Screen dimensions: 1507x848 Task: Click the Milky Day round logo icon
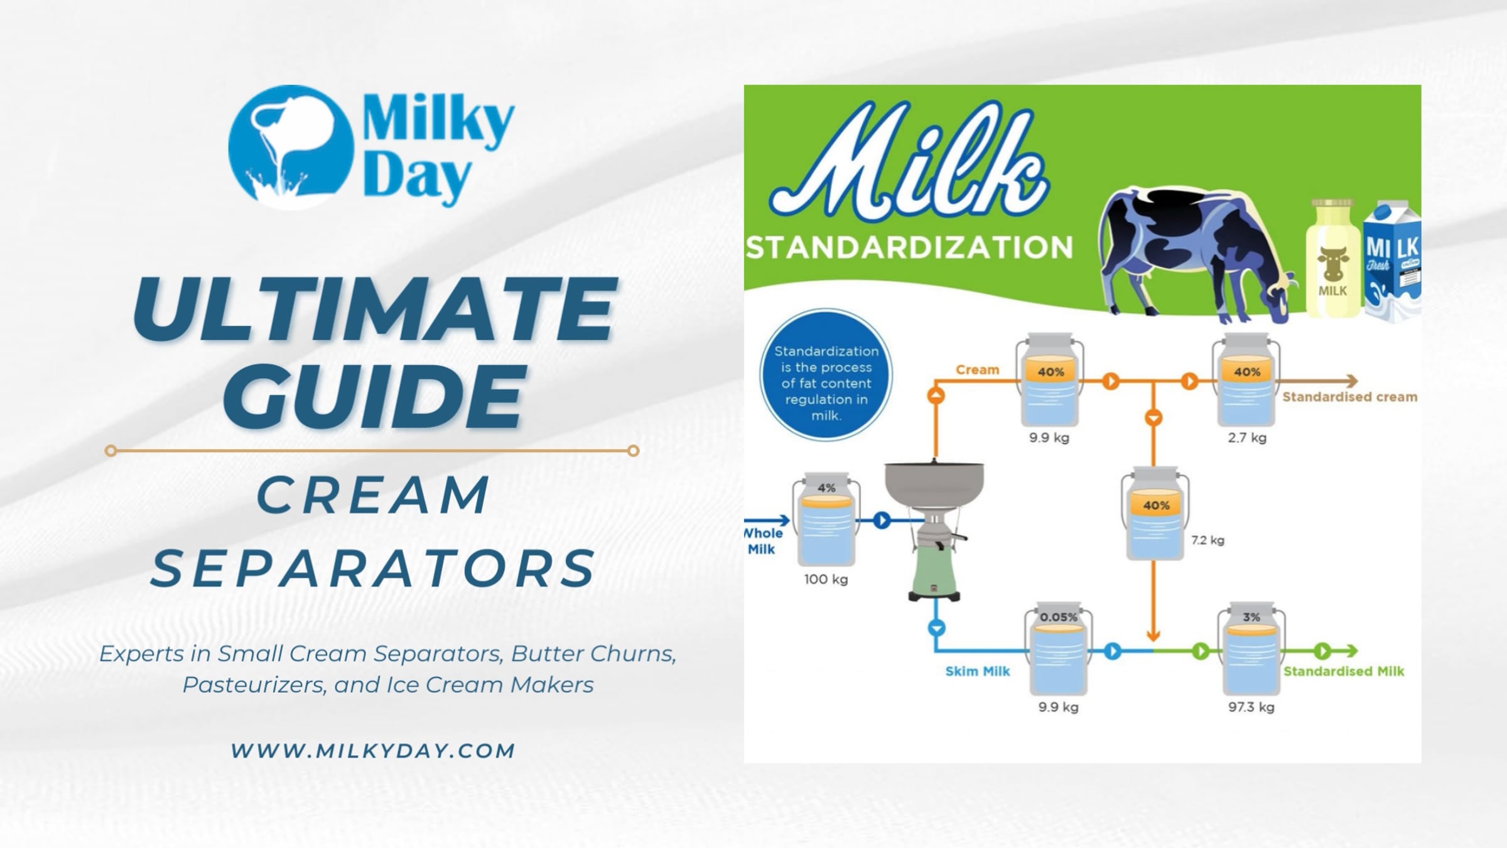(291, 147)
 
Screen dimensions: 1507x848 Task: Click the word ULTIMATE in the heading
(375, 309)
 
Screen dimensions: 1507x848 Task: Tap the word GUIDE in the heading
(375, 394)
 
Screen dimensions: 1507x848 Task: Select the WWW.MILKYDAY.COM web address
(373, 751)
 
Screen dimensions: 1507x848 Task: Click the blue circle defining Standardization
(826, 375)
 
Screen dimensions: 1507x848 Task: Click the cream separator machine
(934, 531)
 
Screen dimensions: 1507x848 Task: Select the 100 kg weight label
(826, 579)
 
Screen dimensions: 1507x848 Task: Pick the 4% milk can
(826, 519)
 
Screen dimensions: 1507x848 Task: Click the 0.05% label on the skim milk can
(1059, 617)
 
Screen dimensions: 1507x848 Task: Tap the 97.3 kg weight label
(1251, 707)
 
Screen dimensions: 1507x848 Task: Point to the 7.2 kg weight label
(1208, 540)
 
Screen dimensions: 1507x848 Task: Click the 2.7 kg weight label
(1247, 438)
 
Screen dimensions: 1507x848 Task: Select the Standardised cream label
(1350, 397)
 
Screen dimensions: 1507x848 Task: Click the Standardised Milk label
(1344, 671)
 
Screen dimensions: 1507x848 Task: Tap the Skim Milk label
(978, 671)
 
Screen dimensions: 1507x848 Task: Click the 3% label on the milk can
(1251, 617)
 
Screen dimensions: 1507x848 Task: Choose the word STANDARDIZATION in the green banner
(909, 247)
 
